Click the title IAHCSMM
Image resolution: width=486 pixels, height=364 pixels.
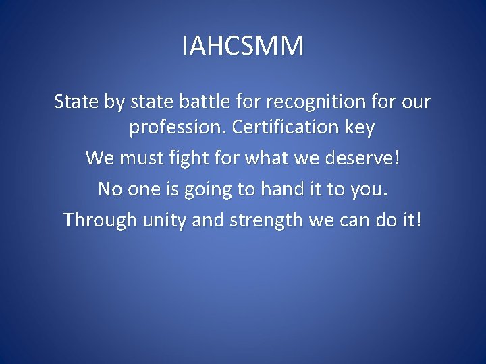(243, 47)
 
